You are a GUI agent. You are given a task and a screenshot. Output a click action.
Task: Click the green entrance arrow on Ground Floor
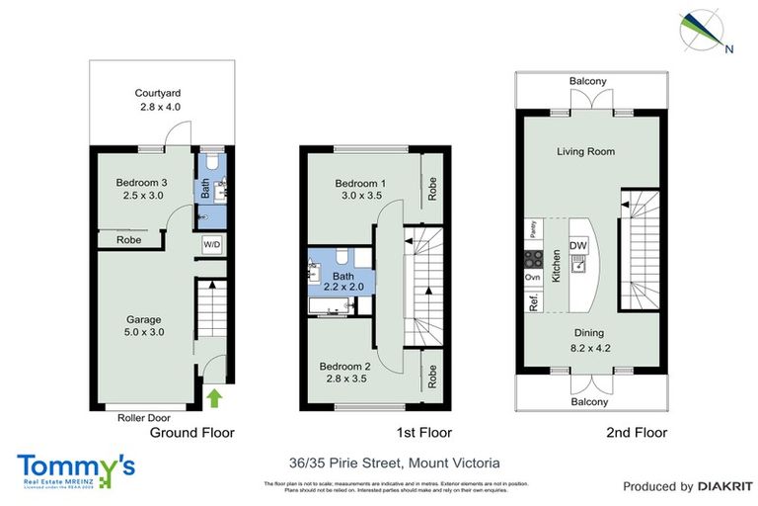215,398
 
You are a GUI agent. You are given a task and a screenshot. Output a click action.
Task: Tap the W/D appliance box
212,243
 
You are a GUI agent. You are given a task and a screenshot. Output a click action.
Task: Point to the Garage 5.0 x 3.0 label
144,326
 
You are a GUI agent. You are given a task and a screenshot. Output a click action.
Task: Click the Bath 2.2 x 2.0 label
342,281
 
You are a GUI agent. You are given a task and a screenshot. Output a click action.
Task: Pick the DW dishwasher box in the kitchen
578,247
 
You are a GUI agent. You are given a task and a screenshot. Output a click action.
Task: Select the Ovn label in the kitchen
533,278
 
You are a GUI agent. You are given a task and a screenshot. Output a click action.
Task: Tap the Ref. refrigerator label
533,303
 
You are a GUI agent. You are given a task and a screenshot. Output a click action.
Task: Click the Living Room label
585,151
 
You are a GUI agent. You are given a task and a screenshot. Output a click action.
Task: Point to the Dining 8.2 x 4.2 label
590,340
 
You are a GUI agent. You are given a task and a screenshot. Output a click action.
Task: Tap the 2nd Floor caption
638,433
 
